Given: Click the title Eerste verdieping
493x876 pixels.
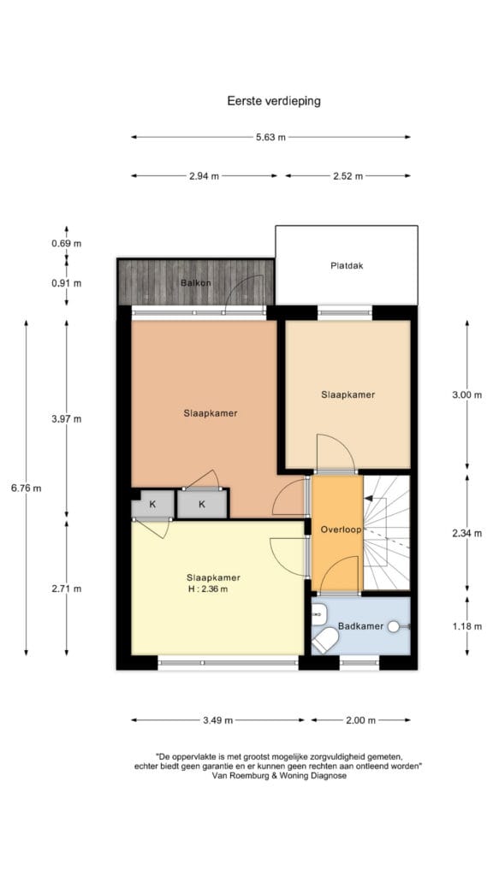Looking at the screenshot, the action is tap(273, 101).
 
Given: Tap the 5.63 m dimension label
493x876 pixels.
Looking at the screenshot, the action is tap(270, 137).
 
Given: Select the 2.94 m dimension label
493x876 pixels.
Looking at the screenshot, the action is tap(204, 176).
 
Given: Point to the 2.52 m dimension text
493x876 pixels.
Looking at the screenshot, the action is tap(348, 176).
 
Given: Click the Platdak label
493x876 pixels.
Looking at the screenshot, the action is tap(347, 266).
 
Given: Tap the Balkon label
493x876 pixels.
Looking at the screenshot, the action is tap(196, 282).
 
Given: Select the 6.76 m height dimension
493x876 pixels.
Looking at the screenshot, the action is tap(27, 488).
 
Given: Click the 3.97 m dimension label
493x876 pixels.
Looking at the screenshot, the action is tap(67, 419).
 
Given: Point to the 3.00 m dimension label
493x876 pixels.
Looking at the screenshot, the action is tap(466, 395).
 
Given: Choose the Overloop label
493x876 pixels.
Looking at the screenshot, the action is tap(341, 530).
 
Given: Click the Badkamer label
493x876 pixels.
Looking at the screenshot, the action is tap(360, 626).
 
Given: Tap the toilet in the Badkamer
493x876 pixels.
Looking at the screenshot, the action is tap(324, 640).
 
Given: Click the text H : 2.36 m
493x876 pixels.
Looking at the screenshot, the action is tap(207, 589).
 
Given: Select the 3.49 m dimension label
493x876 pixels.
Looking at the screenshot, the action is tap(218, 720).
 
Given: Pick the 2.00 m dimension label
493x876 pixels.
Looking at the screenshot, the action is tap(361, 720).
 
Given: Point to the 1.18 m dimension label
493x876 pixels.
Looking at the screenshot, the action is tap(466, 626).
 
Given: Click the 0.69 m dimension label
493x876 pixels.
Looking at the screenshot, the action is tap(67, 244).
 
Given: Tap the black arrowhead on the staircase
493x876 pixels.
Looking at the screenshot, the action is tap(368, 498).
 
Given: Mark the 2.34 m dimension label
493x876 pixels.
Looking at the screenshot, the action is tap(466, 534).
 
